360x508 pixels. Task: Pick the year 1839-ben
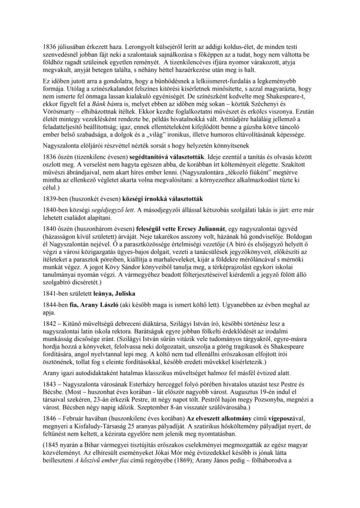click(55, 199)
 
